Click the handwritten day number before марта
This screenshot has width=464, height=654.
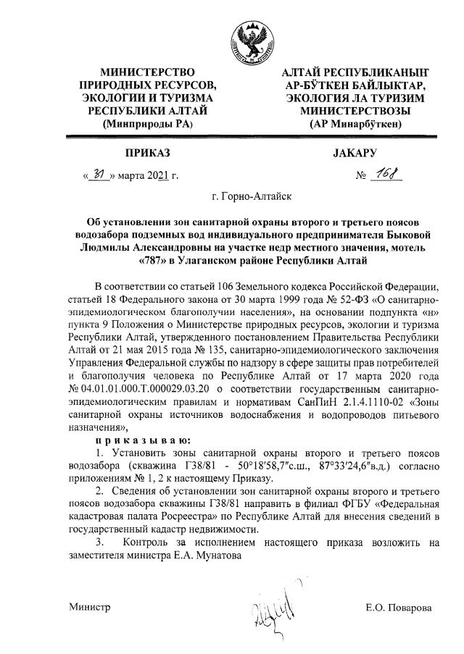(99, 175)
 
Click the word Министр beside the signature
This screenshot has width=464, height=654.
(90, 607)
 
